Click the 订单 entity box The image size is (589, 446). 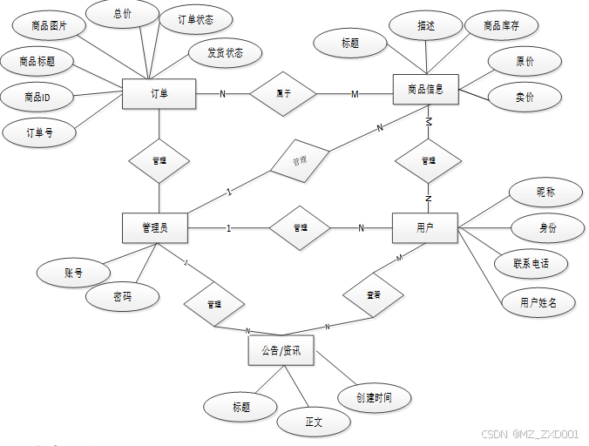pos(159,93)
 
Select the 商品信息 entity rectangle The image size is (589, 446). pos(426,89)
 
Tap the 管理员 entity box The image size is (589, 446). pos(155,228)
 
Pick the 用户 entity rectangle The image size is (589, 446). pos(424,228)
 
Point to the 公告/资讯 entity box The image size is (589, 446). pos(281,350)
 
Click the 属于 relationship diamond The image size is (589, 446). pos(283,93)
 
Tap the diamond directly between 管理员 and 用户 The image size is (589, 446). pos(300,228)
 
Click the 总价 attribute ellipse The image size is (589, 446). pos(123,14)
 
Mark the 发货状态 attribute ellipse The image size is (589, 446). pos(225,52)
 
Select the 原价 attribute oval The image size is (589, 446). pos(525,62)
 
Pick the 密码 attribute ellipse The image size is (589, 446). pos(123,297)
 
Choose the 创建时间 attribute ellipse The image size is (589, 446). pos(374,398)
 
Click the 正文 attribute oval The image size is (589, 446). pos(314,422)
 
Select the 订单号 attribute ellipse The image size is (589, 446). pos(39,133)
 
